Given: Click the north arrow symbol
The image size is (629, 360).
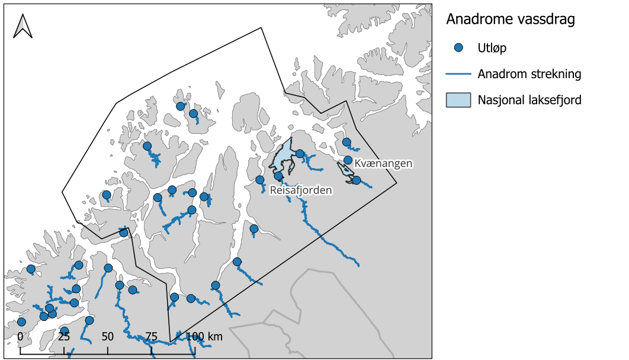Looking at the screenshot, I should pyautogui.click(x=23, y=26).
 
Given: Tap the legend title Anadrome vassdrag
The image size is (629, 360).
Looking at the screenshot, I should pyautogui.click(x=510, y=20).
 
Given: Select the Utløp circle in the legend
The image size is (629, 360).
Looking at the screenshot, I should pyautogui.click(x=458, y=48).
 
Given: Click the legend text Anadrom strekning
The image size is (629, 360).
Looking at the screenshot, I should pyautogui.click(x=529, y=74).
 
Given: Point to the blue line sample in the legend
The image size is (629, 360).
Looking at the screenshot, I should pyautogui.click(x=458, y=74).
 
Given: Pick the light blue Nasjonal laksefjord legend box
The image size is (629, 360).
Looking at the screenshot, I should pyautogui.click(x=458, y=100).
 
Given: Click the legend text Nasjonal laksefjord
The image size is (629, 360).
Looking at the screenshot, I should pyautogui.click(x=529, y=100).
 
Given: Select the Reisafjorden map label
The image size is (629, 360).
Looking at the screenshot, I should pyautogui.click(x=300, y=190).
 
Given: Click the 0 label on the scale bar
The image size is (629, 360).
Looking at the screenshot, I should pyautogui.click(x=20, y=337).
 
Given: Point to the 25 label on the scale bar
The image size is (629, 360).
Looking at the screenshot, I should pyautogui.click(x=63, y=337).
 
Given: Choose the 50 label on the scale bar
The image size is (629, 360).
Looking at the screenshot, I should pyautogui.click(x=107, y=337).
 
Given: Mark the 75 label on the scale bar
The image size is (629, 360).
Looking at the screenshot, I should pyautogui.click(x=151, y=337).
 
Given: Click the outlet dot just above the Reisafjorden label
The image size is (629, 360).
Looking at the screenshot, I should pyautogui.click(x=278, y=176).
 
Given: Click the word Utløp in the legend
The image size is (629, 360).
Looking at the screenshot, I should pyautogui.click(x=492, y=48).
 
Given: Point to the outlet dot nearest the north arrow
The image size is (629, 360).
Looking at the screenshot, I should pyautogui.click(x=107, y=195).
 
